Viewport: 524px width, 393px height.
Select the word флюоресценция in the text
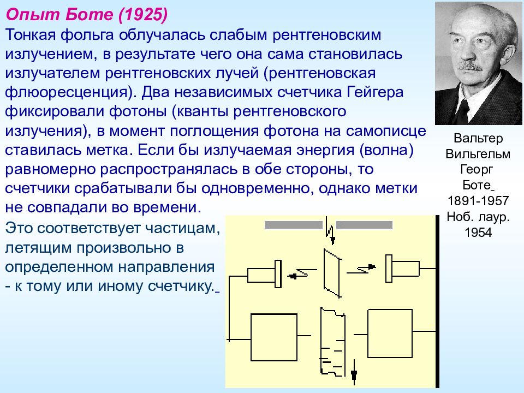click(x=66, y=93)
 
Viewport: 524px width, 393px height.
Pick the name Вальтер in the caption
click(x=478, y=138)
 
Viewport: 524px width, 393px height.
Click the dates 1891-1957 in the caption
click(x=478, y=201)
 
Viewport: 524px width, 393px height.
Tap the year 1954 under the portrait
click(x=478, y=233)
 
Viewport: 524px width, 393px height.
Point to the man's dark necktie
click(x=463, y=110)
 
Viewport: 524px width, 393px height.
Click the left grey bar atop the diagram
click(x=294, y=225)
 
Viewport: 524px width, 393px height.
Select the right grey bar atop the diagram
click(x=364, y=225)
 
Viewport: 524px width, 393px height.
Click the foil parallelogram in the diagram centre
click(x=332, y=273)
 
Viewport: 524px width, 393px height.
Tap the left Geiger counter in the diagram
click(x=264, y=274)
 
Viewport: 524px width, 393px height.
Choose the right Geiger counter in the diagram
click(x=402, y=269)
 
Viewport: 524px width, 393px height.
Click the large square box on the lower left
click(x=274, y=337)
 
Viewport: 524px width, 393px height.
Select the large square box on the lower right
click(x=390, y=334)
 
